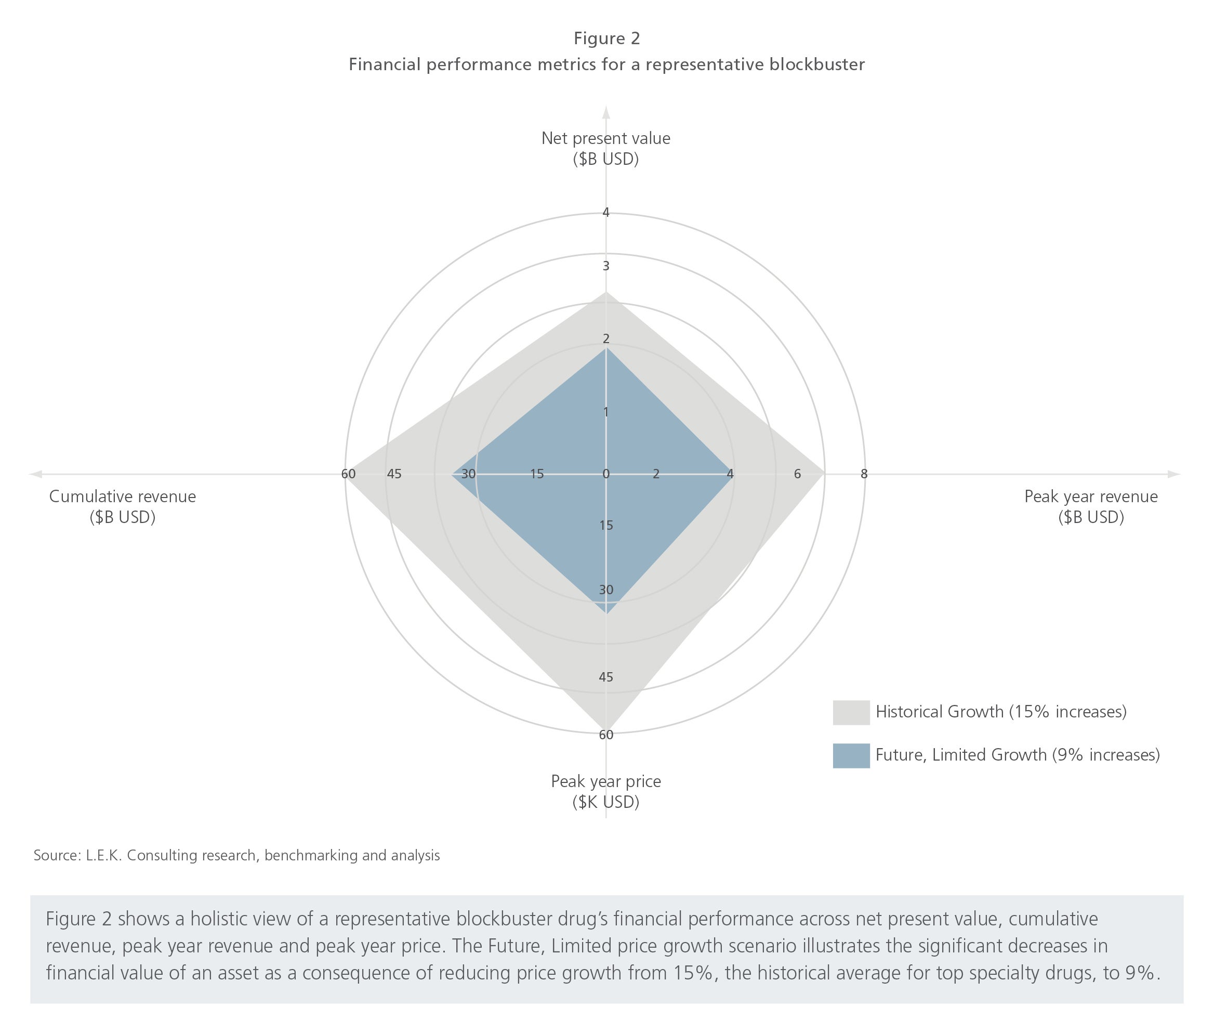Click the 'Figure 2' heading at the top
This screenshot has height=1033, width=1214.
point(606,38)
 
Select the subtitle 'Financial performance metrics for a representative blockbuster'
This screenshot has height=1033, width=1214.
point(606,64)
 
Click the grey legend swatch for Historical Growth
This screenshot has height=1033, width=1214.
point(851,712)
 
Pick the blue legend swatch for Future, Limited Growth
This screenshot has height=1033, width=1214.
point(851,755)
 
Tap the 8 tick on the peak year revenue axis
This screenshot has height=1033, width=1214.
point(864,474)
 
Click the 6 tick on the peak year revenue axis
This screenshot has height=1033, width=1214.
point(797,474)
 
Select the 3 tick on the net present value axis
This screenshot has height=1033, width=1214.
point(606,266)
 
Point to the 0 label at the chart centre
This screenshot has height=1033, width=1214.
point(606,474)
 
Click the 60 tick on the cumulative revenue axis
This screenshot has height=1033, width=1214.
point(348,474)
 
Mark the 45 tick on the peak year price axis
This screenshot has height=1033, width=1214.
point(606,677)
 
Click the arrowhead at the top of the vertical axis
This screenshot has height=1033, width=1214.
point(606,111)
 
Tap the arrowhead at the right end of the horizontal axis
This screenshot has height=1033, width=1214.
point(1174,474)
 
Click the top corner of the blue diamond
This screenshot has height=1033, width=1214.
point(606,348)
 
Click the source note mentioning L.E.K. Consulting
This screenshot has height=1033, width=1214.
point(236,856)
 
